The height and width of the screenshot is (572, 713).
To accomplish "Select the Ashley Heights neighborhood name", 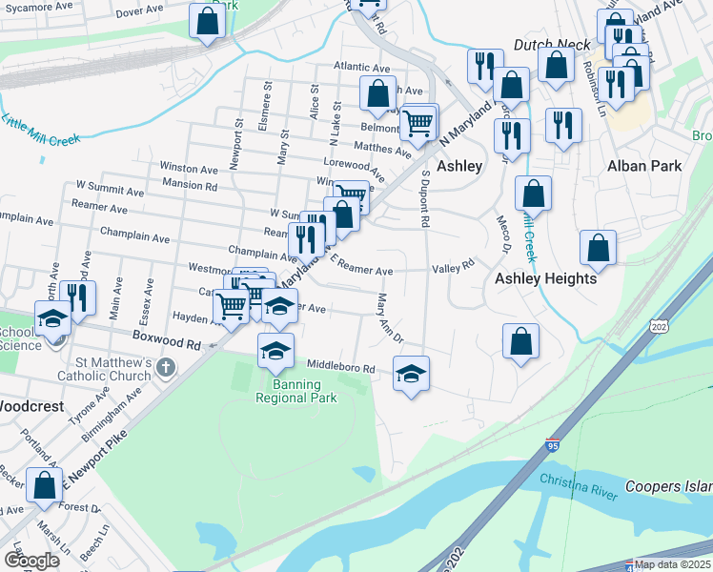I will [545, 278].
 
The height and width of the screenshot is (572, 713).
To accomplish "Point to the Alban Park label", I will [644, 166].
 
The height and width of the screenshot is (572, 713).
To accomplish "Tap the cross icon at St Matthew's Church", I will [165, 367].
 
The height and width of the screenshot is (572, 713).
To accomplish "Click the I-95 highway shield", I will [553, 446].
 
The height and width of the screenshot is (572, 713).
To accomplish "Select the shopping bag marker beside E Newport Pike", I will [45, 485].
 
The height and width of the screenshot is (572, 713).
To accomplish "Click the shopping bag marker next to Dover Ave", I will [207, 21].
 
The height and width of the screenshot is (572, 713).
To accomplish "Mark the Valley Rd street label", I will [453, 268].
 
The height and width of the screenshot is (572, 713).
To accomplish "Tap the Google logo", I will [31, 561].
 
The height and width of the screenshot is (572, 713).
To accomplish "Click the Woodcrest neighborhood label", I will [31, 405].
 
